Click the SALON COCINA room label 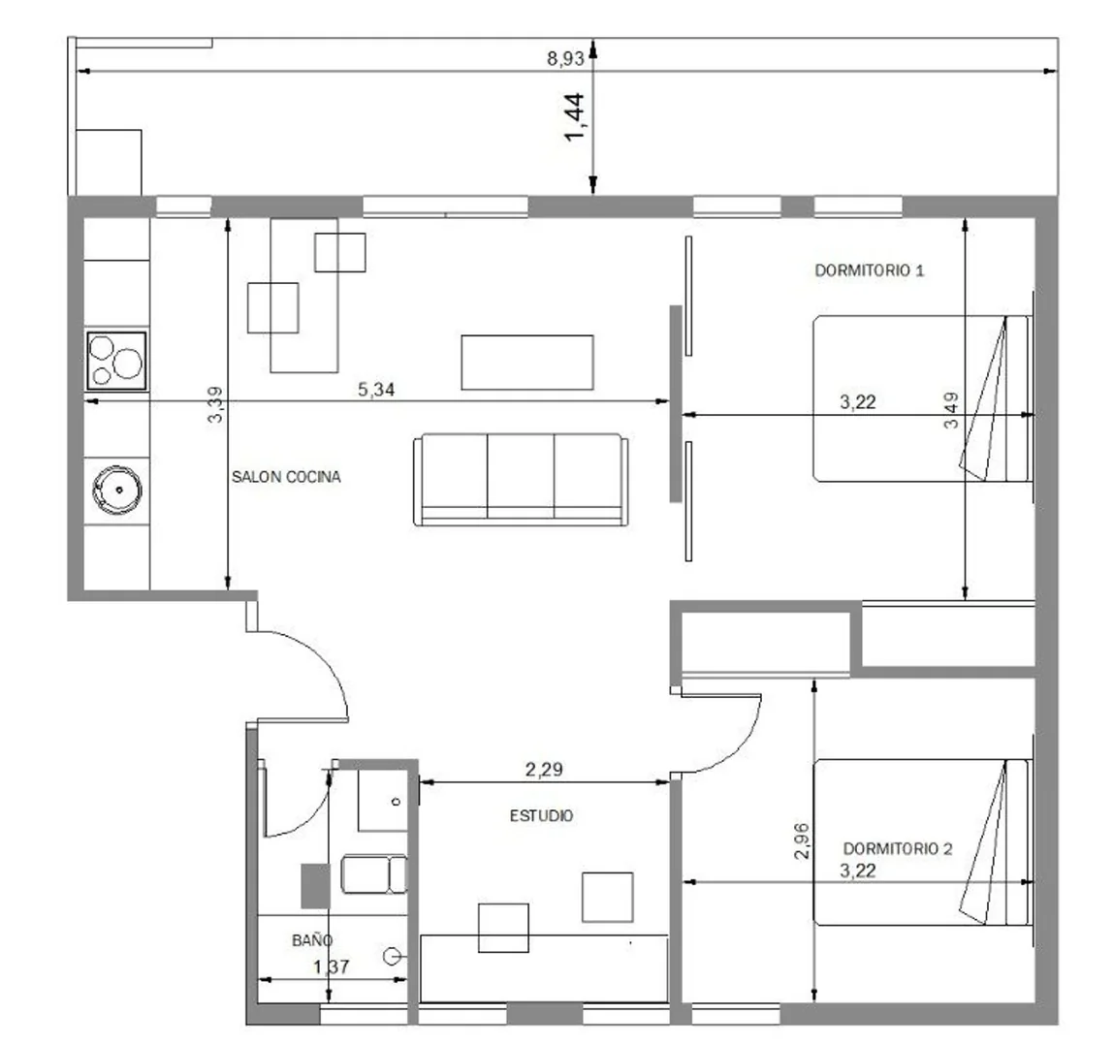pos(286,477)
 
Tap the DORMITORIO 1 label pos(870,270)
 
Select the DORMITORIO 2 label pos(898,848)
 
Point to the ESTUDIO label pos(542,816)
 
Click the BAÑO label pos(312,940)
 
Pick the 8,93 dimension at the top pos(565,59)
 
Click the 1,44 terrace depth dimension pos(575,117)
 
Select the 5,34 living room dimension pos(376,390)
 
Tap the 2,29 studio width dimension pos(544,770)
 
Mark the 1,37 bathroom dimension pos(331,967)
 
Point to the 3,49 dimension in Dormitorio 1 pos(951,410)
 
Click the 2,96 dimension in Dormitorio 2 pos(802,840)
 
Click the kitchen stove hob pos(116,361)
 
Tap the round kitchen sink pos(117,490)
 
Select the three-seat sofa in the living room pos(521,480)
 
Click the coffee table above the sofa pos(527,363)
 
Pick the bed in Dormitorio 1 pos(922,398)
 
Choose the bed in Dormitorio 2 pos(922,842)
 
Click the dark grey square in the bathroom pos(316,886)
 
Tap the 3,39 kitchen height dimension pos(215,405)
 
